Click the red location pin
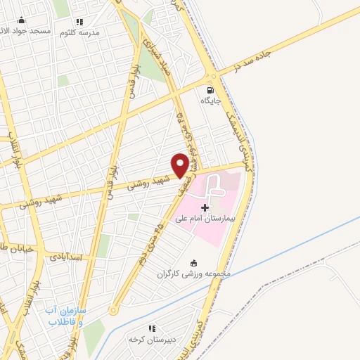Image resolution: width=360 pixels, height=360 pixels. (180, 164)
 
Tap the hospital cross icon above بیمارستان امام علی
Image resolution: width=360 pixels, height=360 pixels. (205, 208)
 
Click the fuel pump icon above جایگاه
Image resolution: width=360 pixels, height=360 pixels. (210, 90)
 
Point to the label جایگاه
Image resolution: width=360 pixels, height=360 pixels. (211, 101)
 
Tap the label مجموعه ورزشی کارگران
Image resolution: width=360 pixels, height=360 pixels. (194, 274)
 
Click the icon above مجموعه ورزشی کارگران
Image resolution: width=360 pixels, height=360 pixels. (194, 263)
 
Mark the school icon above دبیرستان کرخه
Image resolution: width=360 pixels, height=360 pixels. (151, 328)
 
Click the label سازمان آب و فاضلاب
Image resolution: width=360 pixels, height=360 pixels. (65, 316)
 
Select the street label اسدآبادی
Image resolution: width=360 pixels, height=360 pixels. (66, 257)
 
